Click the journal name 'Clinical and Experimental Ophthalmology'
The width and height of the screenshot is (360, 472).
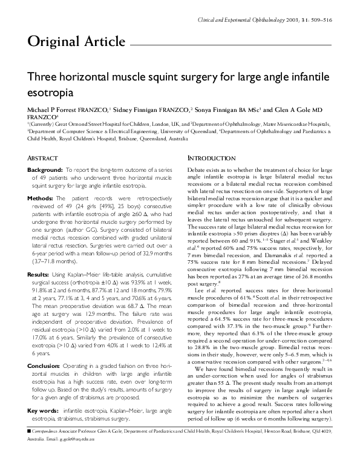249,22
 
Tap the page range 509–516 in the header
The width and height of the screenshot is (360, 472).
322,22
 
